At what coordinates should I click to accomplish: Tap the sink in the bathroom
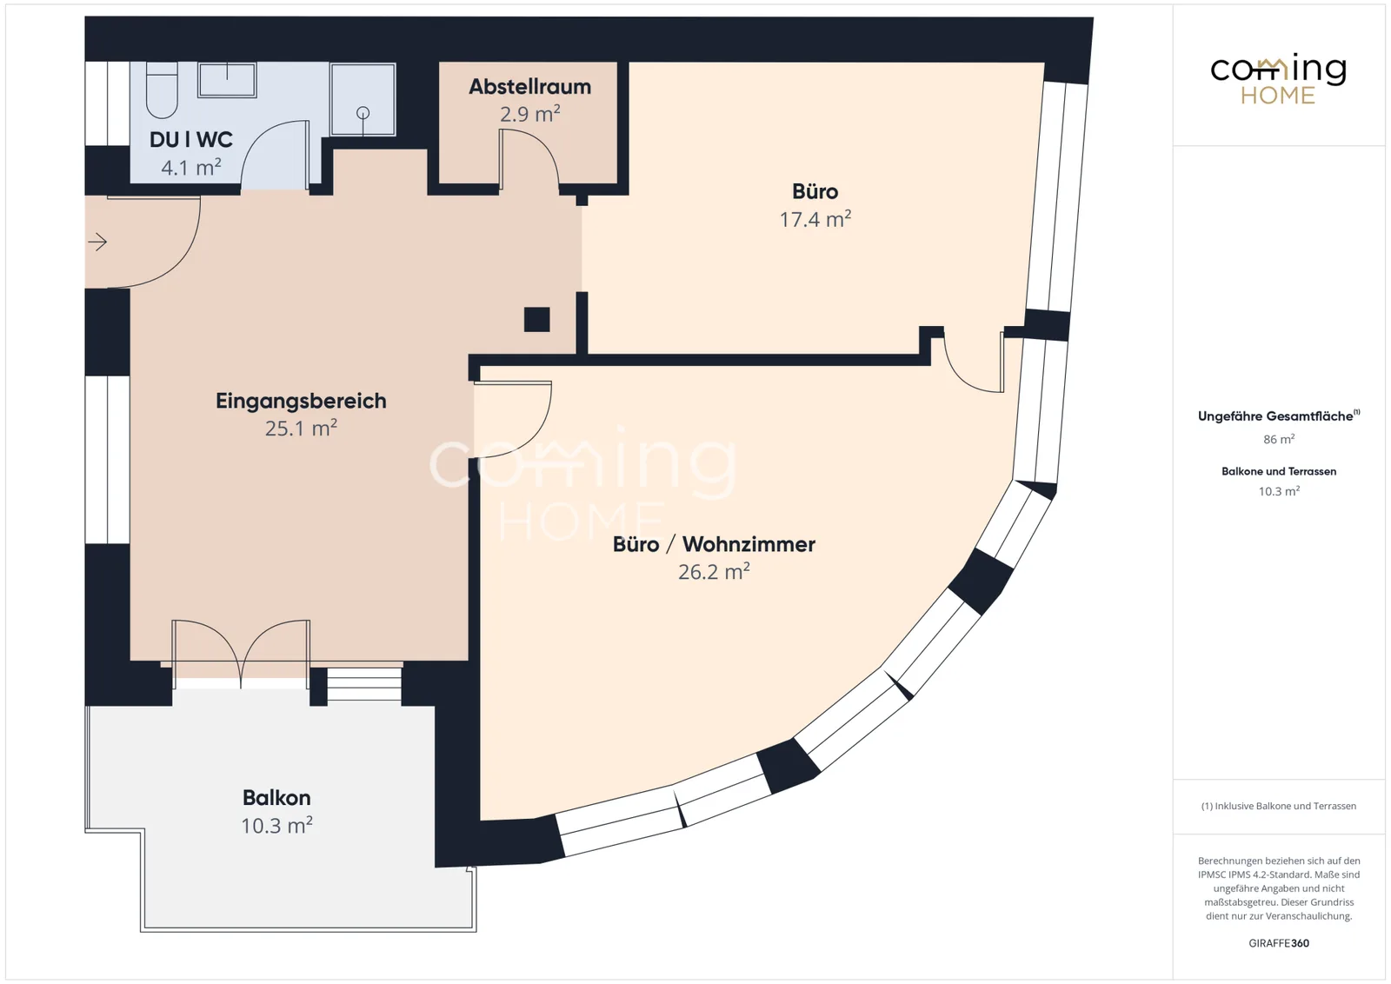(x=227, y=79)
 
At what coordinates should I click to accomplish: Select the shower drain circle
(x=363, y=113)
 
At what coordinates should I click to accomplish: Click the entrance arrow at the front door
(x=97, y=242)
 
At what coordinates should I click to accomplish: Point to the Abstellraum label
(x=529, y=86)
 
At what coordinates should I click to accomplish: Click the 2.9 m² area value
(x=529, y=114)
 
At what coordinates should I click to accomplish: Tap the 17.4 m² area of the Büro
(x=815, y=219)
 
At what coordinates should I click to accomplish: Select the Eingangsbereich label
(x=301, y=401)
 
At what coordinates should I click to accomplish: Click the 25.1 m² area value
(x=301, y=429)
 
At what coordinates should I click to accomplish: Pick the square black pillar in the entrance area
(x=537, y=320)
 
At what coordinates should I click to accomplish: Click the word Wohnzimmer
(x=749, y=544)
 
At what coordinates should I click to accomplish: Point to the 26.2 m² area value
(x=714, y=571)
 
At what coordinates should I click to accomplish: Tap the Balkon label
(x=276, y=798)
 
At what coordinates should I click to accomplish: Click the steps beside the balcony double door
(x=364, y=685)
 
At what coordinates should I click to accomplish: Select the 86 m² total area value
(x=1279, y=440)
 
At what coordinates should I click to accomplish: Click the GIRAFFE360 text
(x=1279, y=943)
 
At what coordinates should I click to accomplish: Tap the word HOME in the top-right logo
(x=1278, y=96)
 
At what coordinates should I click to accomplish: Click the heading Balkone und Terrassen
(x=1279, y=471)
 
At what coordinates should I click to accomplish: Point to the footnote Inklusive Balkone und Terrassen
(x=1279, y=806)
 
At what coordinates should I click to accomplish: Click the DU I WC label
(x=191, y=140)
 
